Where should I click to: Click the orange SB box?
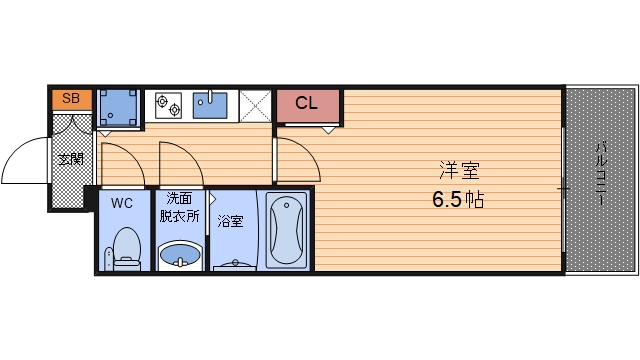coord(71,98)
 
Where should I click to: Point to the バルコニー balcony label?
coord(602,176)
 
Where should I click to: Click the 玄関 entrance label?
coord(70,160)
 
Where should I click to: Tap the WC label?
coord(121,203)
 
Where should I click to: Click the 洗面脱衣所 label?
coord(179,207)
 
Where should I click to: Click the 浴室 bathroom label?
coord(230,220)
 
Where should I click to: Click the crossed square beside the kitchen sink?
coord(255,105)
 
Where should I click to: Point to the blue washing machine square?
coord(119,106)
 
